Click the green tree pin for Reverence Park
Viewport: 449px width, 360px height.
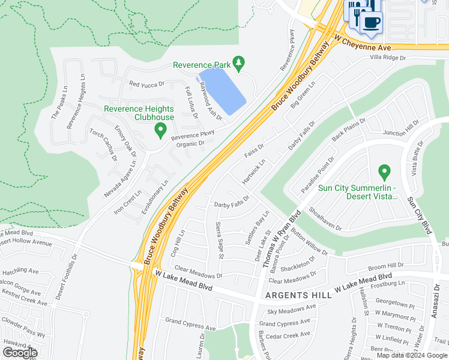[239, 63]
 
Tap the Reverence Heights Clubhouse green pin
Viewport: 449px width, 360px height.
[160, 130]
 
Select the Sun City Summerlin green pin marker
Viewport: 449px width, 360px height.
[384, 173]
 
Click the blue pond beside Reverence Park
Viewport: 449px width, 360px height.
[221, 91]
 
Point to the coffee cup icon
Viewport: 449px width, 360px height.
[370, 23]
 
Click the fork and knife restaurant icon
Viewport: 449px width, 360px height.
[357, 12]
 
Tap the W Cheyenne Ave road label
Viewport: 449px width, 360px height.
[363, 43]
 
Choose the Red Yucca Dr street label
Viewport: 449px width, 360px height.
[147, 85]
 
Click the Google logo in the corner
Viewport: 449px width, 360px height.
[20, 353]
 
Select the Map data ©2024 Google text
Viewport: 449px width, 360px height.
[411, 355]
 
